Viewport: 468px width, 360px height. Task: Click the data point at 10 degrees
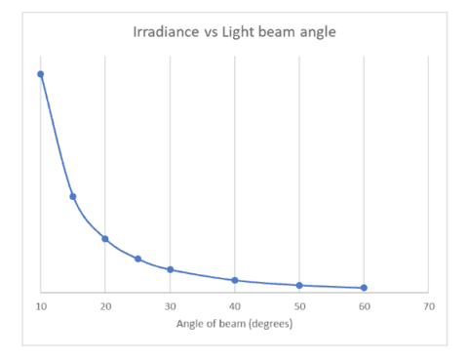click(41, 74)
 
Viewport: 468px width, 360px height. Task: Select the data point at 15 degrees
click(73, 196)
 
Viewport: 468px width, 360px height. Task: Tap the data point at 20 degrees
click(105, 239)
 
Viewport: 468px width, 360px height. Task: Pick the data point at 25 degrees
click(137, 259)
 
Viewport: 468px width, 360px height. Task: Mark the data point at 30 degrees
click(170, 269)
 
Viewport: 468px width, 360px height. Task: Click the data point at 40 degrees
click(235, 280)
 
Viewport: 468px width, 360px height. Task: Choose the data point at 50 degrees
click(299, 285)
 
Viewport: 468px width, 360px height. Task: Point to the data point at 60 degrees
click(364, 288)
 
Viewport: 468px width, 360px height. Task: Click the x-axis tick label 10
click(41, 306)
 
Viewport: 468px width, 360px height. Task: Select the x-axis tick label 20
click(105, 306)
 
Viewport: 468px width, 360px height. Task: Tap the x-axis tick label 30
click(170, 306)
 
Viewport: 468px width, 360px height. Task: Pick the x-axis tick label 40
click(235, 306)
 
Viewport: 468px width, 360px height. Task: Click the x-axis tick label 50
click(299, 306)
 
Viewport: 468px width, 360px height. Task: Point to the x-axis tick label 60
click(364, 306)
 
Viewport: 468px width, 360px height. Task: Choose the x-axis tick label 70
click(428, 306)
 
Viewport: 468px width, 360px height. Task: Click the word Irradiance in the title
click(165, 33)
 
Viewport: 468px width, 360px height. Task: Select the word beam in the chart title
click(275, 33)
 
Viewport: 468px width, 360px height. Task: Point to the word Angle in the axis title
click(187, 324)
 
